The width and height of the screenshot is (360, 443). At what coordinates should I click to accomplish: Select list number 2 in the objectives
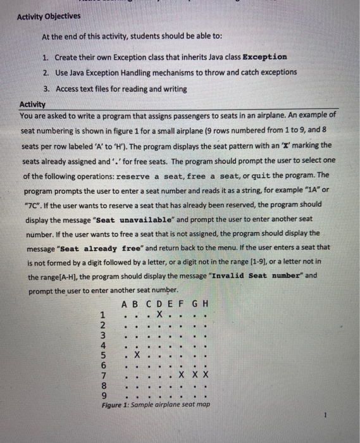(46, 73)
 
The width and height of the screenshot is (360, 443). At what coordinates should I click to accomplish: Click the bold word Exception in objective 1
(264, 57)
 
